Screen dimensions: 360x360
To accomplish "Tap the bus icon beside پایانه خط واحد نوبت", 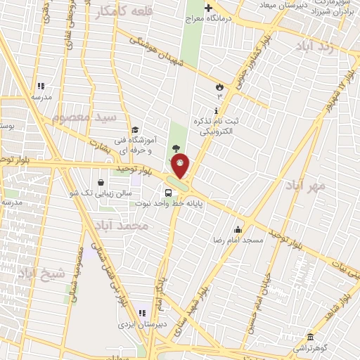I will point(167,193).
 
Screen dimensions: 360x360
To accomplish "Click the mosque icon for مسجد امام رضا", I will point(238,229).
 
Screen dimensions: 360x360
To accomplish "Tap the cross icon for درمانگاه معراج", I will point(208,8).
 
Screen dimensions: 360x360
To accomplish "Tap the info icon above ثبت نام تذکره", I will point(216,110).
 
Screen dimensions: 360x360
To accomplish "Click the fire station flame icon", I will point(219,86).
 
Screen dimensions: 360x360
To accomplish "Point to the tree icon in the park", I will point(176,146).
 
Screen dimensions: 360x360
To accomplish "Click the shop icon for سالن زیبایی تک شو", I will point(103,182).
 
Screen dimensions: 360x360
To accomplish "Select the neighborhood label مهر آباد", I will point(305,186).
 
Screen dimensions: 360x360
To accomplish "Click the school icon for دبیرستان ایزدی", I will point(142,313).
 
